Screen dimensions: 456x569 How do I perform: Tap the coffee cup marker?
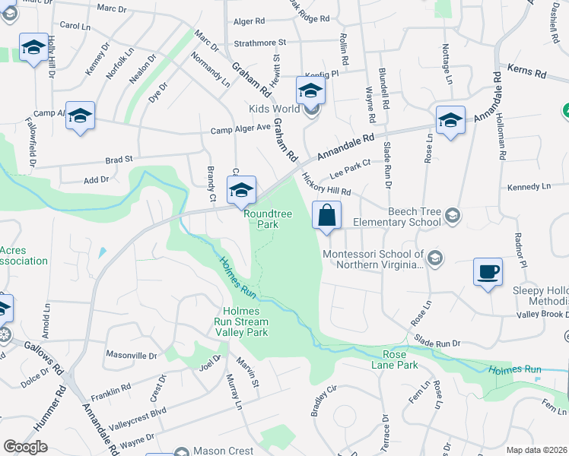(488, 271)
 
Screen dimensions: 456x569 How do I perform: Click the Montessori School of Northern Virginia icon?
(434, 257)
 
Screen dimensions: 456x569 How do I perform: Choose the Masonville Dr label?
(131, 355)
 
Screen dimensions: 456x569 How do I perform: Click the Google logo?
(25, 447)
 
